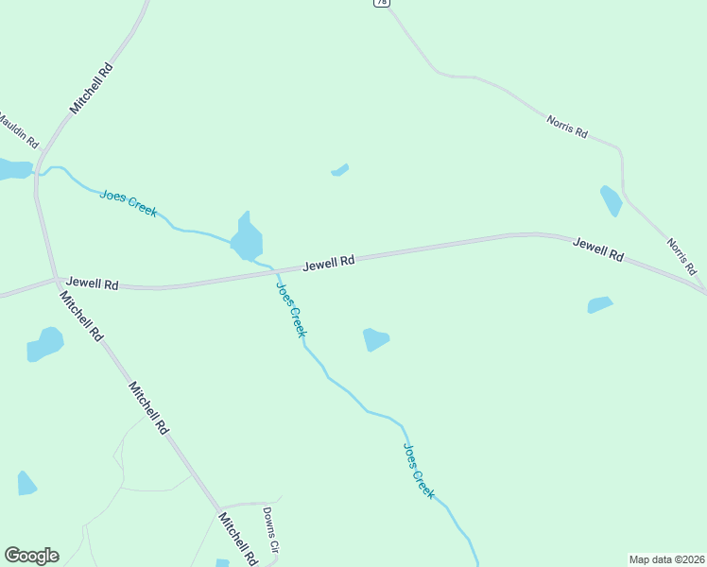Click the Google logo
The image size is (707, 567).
[x=31, y=556]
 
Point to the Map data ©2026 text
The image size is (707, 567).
[x=666, y=559]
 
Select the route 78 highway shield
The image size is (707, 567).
[x=380, y=3]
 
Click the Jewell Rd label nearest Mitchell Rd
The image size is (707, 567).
[x=92, y=283]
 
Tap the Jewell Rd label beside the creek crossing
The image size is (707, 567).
[x=329, y=262]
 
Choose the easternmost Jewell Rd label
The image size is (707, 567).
[x=599, y=250]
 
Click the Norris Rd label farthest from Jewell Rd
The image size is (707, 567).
[x=566, y=127]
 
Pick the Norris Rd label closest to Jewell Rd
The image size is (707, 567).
[x=681, y=257]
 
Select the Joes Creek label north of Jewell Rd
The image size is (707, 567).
[x=129, y=203]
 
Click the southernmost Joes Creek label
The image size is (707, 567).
[x=419, y=471]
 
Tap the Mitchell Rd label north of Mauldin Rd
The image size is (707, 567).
[x=92, y=89]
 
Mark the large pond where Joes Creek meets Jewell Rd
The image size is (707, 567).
[x=248, y=238]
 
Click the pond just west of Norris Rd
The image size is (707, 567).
[x=612, y=199]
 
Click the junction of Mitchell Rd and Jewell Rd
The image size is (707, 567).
[x=57, y=278]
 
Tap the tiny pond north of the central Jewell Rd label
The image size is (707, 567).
[x=340, y=170]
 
